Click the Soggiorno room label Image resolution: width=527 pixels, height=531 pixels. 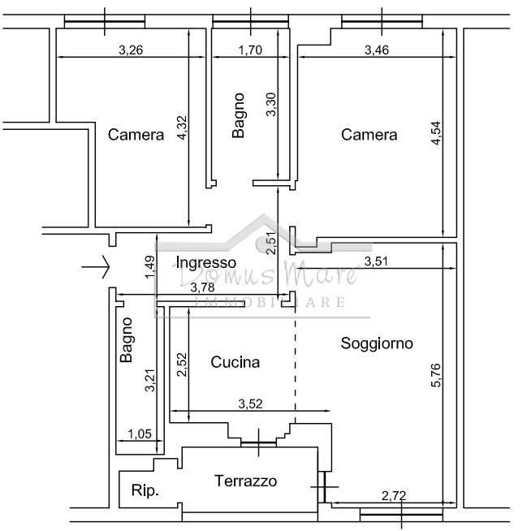tap(377, 343)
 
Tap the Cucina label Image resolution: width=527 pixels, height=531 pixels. tap(235, 362)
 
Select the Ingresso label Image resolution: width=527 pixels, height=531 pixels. tap(206, 263)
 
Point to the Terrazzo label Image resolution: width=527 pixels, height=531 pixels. tap(245, 481)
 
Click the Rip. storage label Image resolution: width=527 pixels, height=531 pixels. tap(145, 490)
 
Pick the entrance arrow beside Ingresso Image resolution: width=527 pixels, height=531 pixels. tap(96, 267)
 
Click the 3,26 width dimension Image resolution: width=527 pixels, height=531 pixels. tap(131, 50)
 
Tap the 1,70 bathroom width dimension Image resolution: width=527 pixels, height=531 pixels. tap(250, 50)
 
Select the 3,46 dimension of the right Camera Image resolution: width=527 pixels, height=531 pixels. tap(377, 50)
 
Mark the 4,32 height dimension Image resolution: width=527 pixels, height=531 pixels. tap(182, 127)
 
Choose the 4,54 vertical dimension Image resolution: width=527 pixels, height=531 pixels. tap(436, 133)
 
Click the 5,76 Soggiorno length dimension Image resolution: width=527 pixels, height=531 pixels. tap(436, 375)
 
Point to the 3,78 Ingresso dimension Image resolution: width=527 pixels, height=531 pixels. tap(202, 287)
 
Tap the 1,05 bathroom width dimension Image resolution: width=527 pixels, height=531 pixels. tap(140, 434)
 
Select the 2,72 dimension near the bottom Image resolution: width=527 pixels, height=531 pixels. tap(394, 496)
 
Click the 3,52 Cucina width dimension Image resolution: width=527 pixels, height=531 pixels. tap(250, 404)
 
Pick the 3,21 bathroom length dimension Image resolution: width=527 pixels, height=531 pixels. tap(149, 380)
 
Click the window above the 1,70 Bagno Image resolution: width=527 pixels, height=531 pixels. tap(251, 22)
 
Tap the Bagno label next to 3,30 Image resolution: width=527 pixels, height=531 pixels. tap(239, 115)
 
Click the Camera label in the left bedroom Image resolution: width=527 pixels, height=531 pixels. tap(136, 135)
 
